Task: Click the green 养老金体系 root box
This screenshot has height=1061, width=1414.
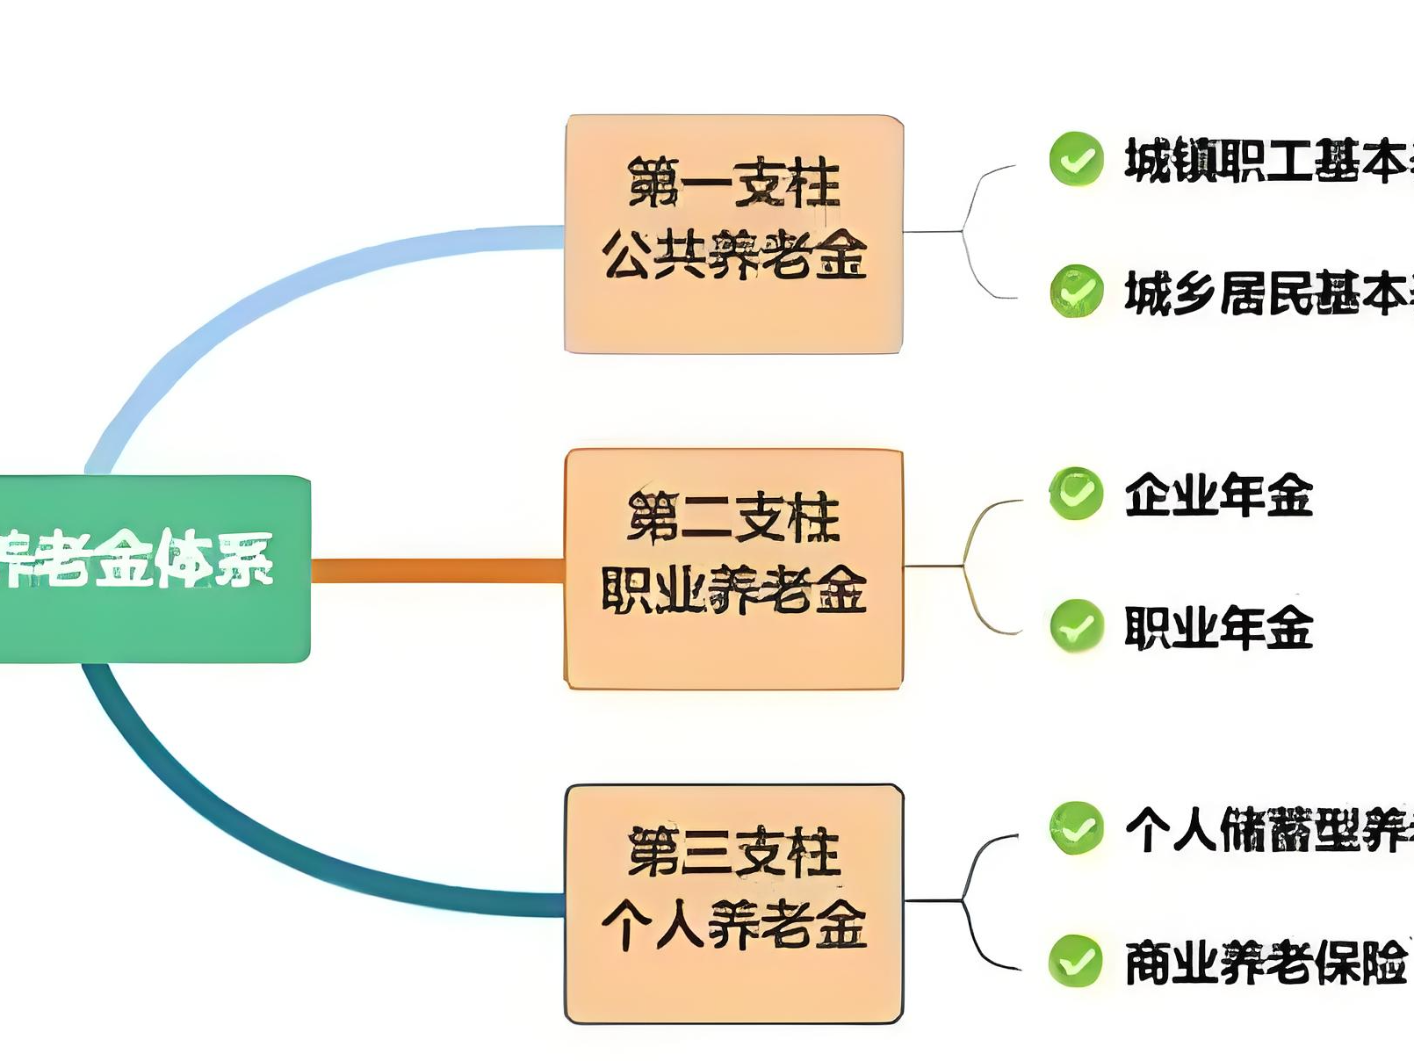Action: tap(154, 567)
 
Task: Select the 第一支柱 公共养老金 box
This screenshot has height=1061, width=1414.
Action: tap(733, 235)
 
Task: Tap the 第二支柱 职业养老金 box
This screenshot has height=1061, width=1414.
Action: tap(733, 568)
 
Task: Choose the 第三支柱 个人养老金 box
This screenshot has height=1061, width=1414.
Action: tap(733, 903)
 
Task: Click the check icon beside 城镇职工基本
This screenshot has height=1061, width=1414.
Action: tap(1076, 159)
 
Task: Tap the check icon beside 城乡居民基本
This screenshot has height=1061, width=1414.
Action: tap(1076, 291)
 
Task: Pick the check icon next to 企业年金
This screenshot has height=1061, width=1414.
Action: tap(1076, 494)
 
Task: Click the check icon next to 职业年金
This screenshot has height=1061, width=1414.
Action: tap(1076, 625)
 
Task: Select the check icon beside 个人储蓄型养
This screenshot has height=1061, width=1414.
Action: tap(1076, 827)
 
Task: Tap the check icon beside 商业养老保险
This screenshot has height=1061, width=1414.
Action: tap(1076, 961)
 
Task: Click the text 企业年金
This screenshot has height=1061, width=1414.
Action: tap(1218, 494)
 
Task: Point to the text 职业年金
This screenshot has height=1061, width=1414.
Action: tap(1218, 627)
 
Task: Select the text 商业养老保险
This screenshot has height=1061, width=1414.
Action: tap(1265, 963)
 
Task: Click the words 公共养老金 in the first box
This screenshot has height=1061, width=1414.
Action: tap(733, 255)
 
